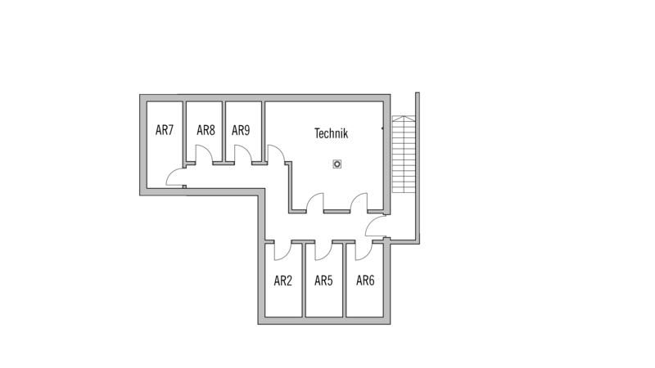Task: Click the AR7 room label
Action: pos(165,130)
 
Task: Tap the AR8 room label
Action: pos(206,130)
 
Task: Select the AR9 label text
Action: pos(241,130)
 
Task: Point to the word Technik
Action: pos(331,133)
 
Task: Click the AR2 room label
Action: pos(282,280)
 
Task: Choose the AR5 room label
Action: pos(323,280)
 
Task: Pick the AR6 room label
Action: pos(365,280)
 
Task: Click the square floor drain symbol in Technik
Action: pos(337,164)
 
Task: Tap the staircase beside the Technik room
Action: pos(404,154)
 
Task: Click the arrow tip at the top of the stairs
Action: pos(404,116)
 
